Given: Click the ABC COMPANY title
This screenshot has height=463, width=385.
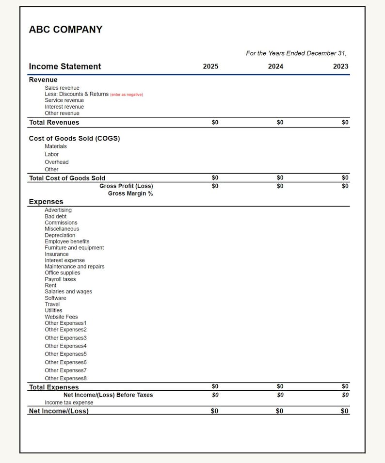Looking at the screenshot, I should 65,30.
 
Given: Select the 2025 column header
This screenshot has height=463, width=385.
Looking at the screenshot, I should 210,66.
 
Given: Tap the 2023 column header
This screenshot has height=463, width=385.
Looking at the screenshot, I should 340,66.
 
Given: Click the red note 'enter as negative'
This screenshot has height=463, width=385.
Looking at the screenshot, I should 127,95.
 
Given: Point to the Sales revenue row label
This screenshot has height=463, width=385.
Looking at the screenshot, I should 62,88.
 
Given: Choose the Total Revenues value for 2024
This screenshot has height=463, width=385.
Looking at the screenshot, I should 280,123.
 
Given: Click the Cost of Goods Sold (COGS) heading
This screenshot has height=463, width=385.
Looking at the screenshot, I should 74,138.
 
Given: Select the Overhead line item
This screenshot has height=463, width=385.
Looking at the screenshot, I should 57,162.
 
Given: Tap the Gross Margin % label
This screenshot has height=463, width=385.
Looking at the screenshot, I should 130,193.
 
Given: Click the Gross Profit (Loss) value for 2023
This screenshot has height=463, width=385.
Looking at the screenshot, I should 345,186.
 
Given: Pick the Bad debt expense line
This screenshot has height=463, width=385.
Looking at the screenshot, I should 56,216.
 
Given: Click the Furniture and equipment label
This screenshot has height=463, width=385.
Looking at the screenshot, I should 74,248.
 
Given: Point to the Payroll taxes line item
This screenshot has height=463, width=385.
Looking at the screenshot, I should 60,279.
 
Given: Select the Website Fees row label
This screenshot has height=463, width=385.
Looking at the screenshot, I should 61,317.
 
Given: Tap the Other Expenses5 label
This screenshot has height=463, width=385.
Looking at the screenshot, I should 65,354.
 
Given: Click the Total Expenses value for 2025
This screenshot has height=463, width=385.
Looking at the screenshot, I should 215,386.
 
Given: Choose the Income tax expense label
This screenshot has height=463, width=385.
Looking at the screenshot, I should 69,402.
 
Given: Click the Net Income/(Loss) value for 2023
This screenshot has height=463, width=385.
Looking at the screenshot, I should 344,411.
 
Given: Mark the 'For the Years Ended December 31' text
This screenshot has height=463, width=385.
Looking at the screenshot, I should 296,53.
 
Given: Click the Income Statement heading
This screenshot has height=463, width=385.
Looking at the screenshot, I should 65,66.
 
